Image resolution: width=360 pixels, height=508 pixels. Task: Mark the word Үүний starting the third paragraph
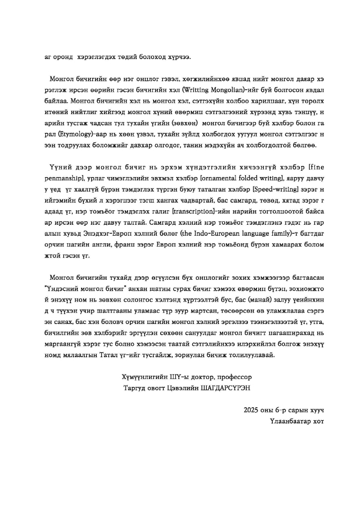click(x=60, y=165)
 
